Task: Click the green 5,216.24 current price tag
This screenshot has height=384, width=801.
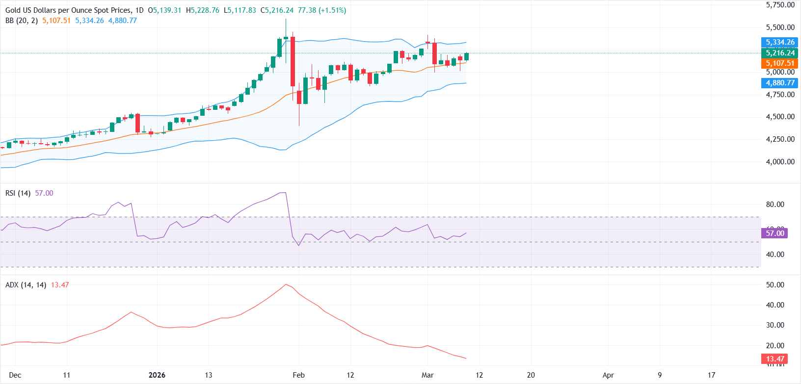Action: [780, 53]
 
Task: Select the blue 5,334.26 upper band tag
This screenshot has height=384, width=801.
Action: [780, 42]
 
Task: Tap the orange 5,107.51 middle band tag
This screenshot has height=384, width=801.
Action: [780, 63]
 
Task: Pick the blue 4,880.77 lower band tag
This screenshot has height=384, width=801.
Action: [780, 83]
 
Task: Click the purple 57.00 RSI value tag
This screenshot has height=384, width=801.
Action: [775, 233]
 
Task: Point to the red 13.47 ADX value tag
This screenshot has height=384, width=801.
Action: [775, 359]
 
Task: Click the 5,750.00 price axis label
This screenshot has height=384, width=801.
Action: [780, 5]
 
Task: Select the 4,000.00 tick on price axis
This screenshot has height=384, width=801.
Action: [780, 162]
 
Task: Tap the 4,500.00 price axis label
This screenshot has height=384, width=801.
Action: [780, 117]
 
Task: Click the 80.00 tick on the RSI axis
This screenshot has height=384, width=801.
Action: [775, 205]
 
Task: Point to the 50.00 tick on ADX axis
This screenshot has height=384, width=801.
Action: [775, 285]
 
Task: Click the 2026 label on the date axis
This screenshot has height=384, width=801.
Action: [157, 375]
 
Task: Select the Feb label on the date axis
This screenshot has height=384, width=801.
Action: [298, 375]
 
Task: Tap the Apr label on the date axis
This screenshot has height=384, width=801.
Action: [608, 375]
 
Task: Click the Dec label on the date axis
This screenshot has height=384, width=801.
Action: [15, 375]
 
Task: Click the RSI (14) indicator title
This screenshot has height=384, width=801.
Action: [18, 193]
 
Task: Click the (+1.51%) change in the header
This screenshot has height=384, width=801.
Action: [332, 10]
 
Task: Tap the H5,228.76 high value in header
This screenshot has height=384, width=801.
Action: [203, 10]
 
